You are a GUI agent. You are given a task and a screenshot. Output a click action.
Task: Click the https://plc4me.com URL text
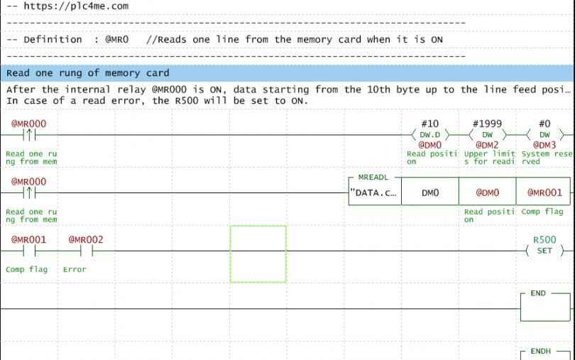pos(76,6)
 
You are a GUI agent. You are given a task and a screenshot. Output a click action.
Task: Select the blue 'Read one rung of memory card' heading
pos(87,73)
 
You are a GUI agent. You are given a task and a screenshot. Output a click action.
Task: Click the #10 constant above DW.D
pos(430,124)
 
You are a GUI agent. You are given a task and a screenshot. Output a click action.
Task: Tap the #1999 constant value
pos(487,124)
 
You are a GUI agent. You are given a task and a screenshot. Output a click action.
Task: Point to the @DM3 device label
pos(544,145)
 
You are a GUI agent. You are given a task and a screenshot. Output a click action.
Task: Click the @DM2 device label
pos(487,145)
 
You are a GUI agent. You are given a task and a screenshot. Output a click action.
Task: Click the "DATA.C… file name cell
pos(374,192)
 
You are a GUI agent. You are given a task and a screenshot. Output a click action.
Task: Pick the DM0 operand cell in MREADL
pos(430,192)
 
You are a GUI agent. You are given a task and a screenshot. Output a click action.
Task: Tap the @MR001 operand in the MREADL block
pos(544,192)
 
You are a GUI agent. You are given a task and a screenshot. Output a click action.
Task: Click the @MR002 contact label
pos(86,240)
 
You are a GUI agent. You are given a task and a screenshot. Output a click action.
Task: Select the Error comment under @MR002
pos(75,269)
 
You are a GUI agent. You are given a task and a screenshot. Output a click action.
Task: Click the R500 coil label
pos(544,240)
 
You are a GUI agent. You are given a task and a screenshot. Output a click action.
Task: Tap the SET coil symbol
pos(544,251)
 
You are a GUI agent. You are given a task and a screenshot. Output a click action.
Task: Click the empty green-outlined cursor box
pos(258,254)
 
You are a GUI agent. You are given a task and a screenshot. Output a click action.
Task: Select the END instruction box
pos(544,305)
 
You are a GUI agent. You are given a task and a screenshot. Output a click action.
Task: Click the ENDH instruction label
pos(540,351)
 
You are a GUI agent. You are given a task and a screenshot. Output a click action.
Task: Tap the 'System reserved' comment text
pos(544,158)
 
